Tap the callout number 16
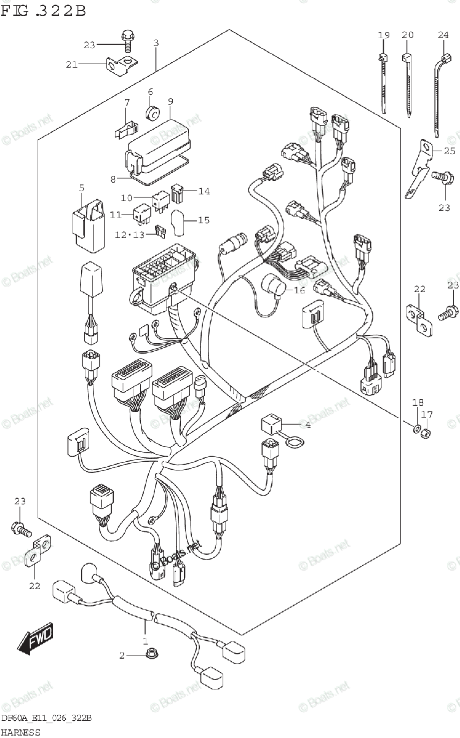point(299,290)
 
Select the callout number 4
point(307,424)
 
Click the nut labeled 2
point(150,656)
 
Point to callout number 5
point(81,188)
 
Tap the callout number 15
point(204,220)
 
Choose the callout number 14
point(204,191)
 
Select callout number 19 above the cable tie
point(383,36)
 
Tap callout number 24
point(443,36)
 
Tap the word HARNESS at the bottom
point(21,732)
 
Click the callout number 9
point(170,101)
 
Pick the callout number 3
point(156,43)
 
